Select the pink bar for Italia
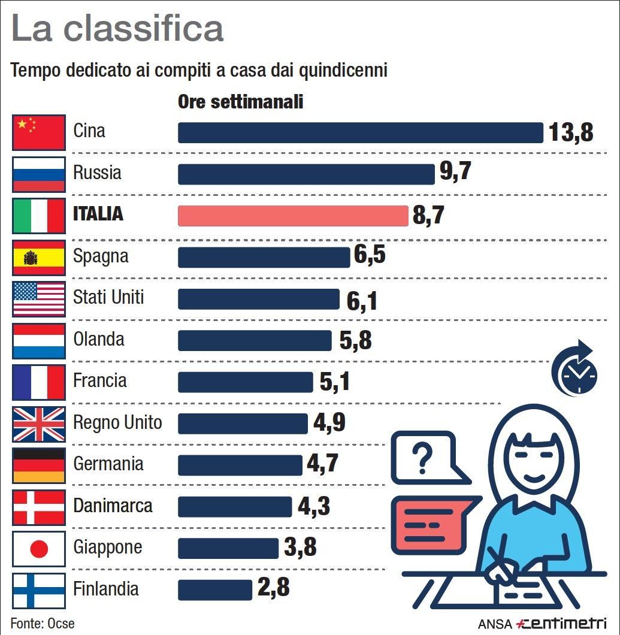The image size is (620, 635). [x=293, y=216]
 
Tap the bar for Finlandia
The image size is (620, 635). [x=215, y=589]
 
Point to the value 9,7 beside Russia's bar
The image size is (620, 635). [x=455, y=173]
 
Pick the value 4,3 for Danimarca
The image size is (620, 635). [x=314, y=506]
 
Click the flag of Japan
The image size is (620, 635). [x=38, y=548]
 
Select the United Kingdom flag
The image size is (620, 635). [x=38, y=424]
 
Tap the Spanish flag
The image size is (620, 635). [x=38, y=258]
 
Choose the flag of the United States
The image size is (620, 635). [x=38, y=299]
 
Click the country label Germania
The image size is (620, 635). [x=108, y=464]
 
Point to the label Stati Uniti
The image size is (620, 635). [x=108, y=297]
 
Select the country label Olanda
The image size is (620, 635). [x=99, y=340]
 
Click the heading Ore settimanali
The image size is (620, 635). [x=241, y=102]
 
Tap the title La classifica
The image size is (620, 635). [x=117, y=29]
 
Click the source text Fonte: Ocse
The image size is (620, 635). [x=43, y=623]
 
